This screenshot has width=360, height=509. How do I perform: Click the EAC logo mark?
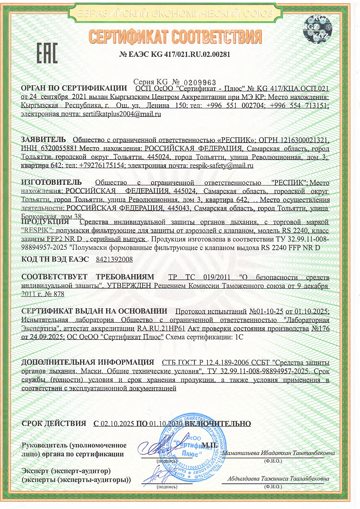click(47, 53)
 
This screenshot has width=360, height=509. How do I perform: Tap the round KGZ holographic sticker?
click(317, 29)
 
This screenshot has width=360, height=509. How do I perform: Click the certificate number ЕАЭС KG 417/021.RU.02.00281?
click(175, 55)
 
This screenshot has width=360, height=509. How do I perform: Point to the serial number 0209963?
click(200, 82)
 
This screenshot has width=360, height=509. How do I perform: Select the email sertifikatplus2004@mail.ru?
click(122, 114)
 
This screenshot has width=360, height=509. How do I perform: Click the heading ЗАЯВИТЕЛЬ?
click(43, 140)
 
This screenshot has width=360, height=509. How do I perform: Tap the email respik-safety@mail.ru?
click(222, 165)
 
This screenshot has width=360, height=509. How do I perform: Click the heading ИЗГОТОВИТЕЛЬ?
click(51, 183)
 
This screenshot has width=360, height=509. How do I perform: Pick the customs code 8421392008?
click(114, 259)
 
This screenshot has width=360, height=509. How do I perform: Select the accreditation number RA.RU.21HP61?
click(161, 328)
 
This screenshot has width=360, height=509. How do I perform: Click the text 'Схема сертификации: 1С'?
click(204, 337)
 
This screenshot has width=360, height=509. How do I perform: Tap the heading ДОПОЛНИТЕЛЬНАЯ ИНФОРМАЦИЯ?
click(88, 362)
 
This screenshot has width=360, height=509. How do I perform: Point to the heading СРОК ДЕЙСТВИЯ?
click(54, 423)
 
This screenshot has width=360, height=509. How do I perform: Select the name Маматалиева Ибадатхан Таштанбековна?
click(278, 453)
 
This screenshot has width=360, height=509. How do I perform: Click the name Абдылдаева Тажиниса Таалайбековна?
click(278, 479)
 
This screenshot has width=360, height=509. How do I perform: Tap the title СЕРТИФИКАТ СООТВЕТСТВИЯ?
click(175, 37)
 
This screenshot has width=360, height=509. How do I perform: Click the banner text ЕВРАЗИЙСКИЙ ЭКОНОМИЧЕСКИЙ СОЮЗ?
click(174, 14)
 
